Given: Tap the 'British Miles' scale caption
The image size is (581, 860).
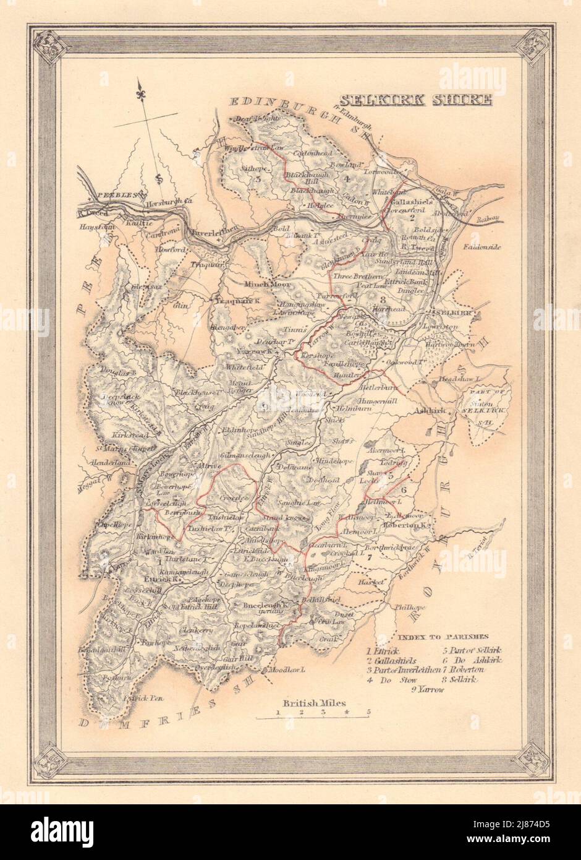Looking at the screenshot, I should coord(315,703).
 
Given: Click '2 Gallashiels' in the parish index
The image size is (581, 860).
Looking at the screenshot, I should coord(390,660).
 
